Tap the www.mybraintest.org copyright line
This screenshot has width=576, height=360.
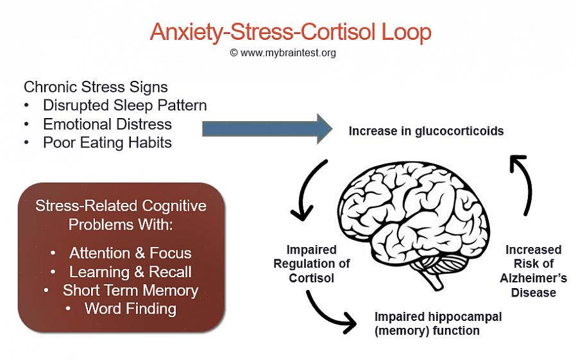point(283,53)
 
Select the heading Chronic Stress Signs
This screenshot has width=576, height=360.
point(96,87)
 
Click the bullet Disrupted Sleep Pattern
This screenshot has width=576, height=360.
point(124,105)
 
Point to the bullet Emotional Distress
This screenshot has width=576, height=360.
point(107,124)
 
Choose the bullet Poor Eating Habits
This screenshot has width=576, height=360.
point(107,142)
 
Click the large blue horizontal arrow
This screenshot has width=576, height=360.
point(267,128)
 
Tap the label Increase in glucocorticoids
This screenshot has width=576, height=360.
point(426,131)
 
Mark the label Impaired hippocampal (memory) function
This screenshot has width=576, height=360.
point(438,323)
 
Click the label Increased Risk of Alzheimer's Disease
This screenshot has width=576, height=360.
point(533,271)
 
